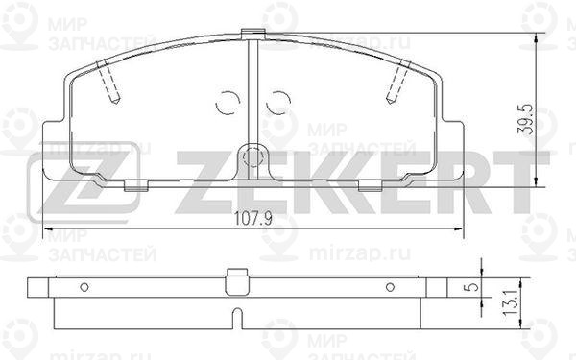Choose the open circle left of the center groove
pos(228,100)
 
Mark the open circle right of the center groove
pos(277,100)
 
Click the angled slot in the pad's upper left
pos(108,84)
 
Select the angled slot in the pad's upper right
pos(396,84)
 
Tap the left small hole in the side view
pos(84,286)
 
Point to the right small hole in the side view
pos(390,286)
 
